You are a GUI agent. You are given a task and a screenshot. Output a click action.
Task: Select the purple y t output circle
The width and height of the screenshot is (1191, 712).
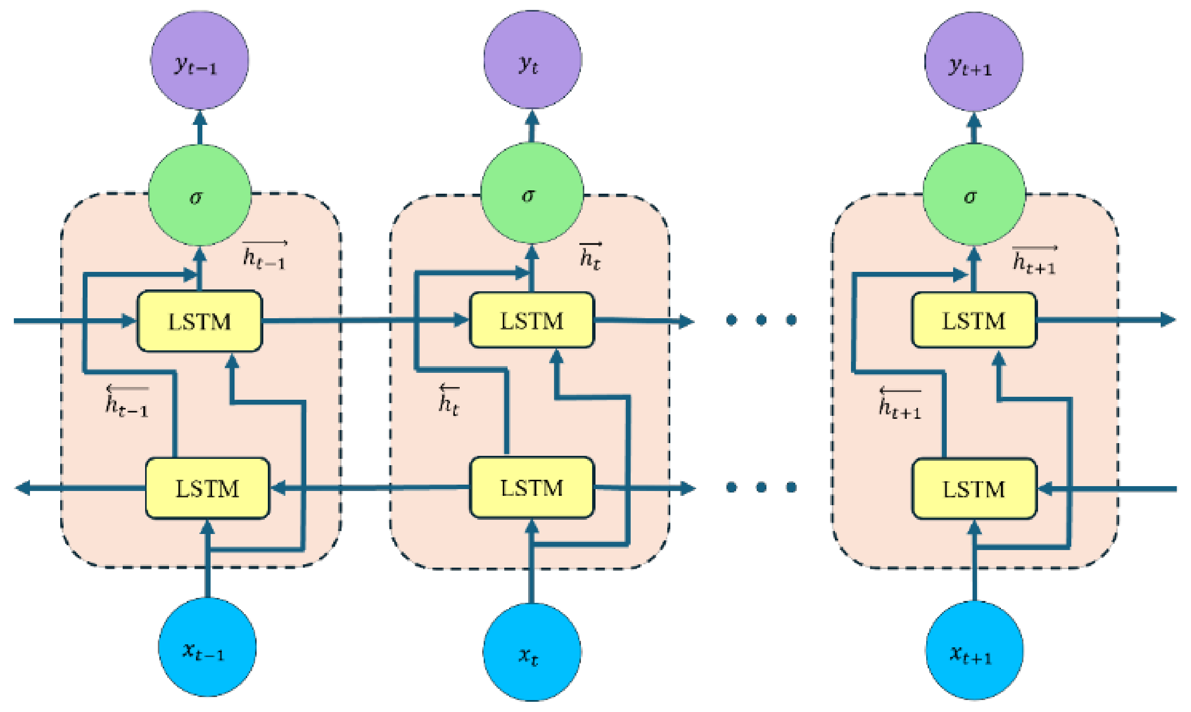point(532,59)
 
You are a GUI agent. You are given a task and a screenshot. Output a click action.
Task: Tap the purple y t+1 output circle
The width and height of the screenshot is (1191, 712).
point(974,61)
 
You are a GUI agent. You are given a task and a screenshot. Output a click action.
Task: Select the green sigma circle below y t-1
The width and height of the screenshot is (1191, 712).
point(200,195)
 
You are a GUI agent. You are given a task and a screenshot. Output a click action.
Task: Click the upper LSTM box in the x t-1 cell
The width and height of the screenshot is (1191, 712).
point(200,321)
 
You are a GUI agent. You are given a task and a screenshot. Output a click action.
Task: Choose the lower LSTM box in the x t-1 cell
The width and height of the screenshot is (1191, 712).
point(207,488)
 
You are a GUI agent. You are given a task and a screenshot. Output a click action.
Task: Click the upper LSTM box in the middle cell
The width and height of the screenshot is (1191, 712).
point(532,320)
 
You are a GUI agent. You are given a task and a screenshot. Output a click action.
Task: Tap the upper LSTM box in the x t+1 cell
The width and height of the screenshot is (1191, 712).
point(974,320)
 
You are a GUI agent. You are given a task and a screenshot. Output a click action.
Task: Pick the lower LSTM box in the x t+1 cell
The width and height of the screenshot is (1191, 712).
point(974,489)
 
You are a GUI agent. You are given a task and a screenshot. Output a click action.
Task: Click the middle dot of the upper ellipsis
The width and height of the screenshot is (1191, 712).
point(761,319)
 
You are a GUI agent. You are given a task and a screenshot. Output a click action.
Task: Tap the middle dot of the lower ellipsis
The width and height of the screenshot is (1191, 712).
point(761,488)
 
